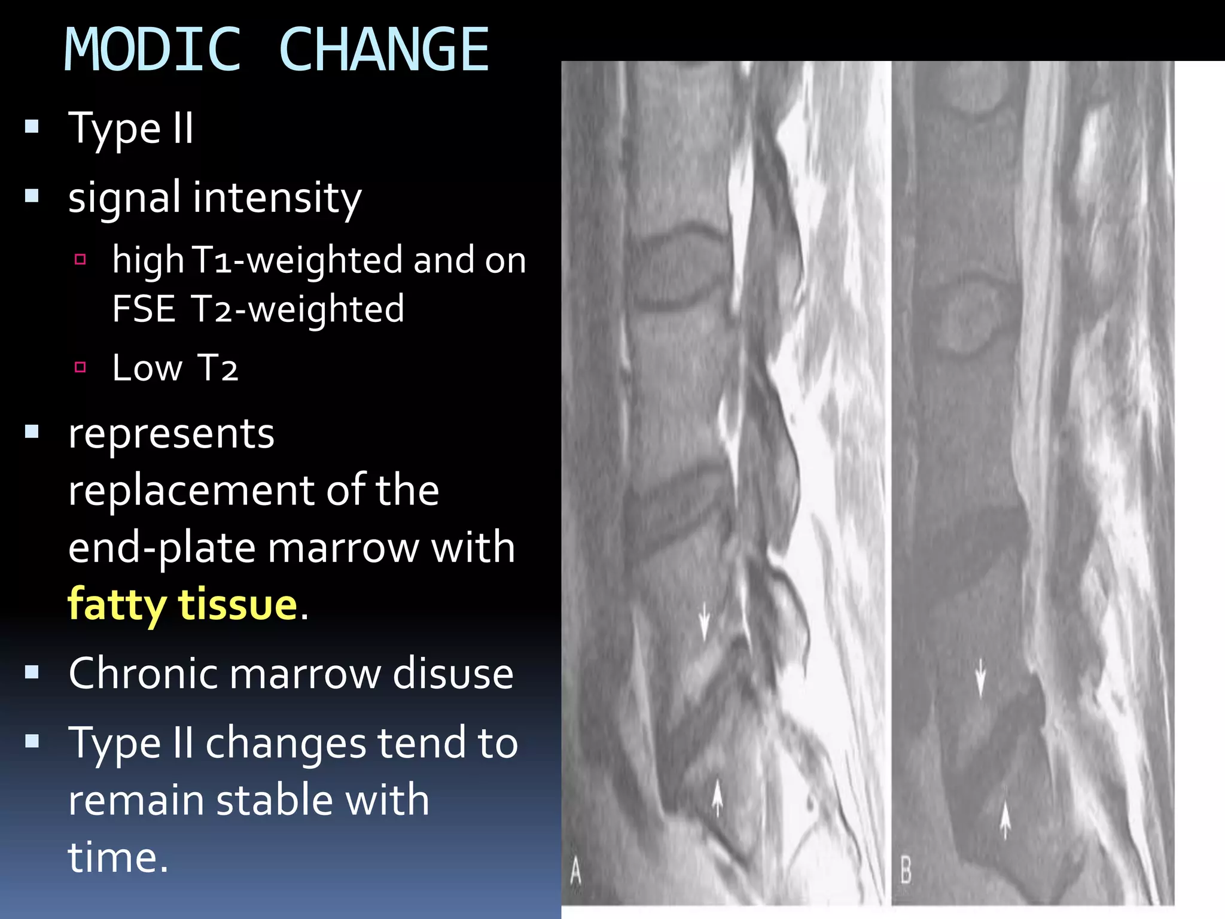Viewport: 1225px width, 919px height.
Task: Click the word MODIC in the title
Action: [x=152, y=50]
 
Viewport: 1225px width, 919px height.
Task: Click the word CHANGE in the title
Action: [x=384, y=50]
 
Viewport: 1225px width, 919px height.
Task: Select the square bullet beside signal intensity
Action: [x=32, y=196]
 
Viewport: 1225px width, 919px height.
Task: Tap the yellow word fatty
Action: [x=117, y=605]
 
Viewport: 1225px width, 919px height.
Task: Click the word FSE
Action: [x=144, y=309]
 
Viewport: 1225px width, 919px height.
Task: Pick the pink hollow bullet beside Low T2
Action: [x=80, y=367]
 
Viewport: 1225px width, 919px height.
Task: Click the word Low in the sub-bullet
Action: [x=147, y=368]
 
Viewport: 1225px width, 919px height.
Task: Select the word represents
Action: [x=172, y=434]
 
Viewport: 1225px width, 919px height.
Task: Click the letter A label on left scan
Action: [x=575, y=871]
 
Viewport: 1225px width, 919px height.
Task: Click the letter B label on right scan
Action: [x=906, y=870]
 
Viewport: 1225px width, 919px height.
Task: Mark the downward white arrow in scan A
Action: [x=704, y=621]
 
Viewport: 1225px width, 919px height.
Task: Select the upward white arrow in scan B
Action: [x=1005, y=820]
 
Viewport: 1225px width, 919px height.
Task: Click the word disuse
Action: [x=453, y=674]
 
